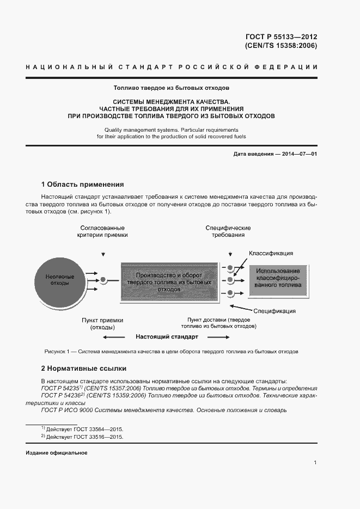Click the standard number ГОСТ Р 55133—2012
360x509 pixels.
[x=282, y=37]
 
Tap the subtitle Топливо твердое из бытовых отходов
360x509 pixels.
[x=172, y=87]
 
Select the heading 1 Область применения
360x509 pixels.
[x=83, y=185]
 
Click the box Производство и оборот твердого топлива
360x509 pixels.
[x=166, y=281]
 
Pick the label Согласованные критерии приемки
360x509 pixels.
[x=102, y=231]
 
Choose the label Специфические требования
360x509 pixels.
[x=228, y=231]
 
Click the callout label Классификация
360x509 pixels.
[x=271, y=253]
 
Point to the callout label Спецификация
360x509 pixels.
[x=274, y=311]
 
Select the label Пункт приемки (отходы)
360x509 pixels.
[x=102, y=324]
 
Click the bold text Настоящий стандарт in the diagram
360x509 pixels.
[x=167, y=337]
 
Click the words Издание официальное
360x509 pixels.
[x=56, y=453]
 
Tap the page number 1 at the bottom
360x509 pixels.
[x=315, y=463]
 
